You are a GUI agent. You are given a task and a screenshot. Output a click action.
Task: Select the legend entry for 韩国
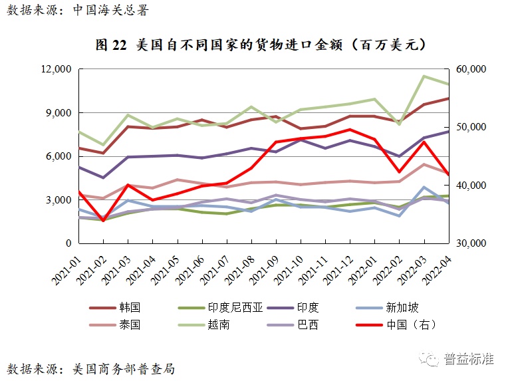[x=130, y=308]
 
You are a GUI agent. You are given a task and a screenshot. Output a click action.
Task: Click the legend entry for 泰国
[x=130, y=325]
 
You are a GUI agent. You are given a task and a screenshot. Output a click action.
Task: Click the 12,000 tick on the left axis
[x=57, y=69]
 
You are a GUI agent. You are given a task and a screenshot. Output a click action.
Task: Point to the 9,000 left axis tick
[x=59, y=113]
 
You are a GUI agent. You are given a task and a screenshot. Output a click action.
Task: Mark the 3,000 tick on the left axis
[x=59, y=200]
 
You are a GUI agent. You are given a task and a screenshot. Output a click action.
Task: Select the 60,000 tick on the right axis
[x=473, y=69]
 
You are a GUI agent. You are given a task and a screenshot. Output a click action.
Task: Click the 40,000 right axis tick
[x=473, y=186]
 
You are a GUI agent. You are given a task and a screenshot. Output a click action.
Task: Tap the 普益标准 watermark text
[x=468, y=359]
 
